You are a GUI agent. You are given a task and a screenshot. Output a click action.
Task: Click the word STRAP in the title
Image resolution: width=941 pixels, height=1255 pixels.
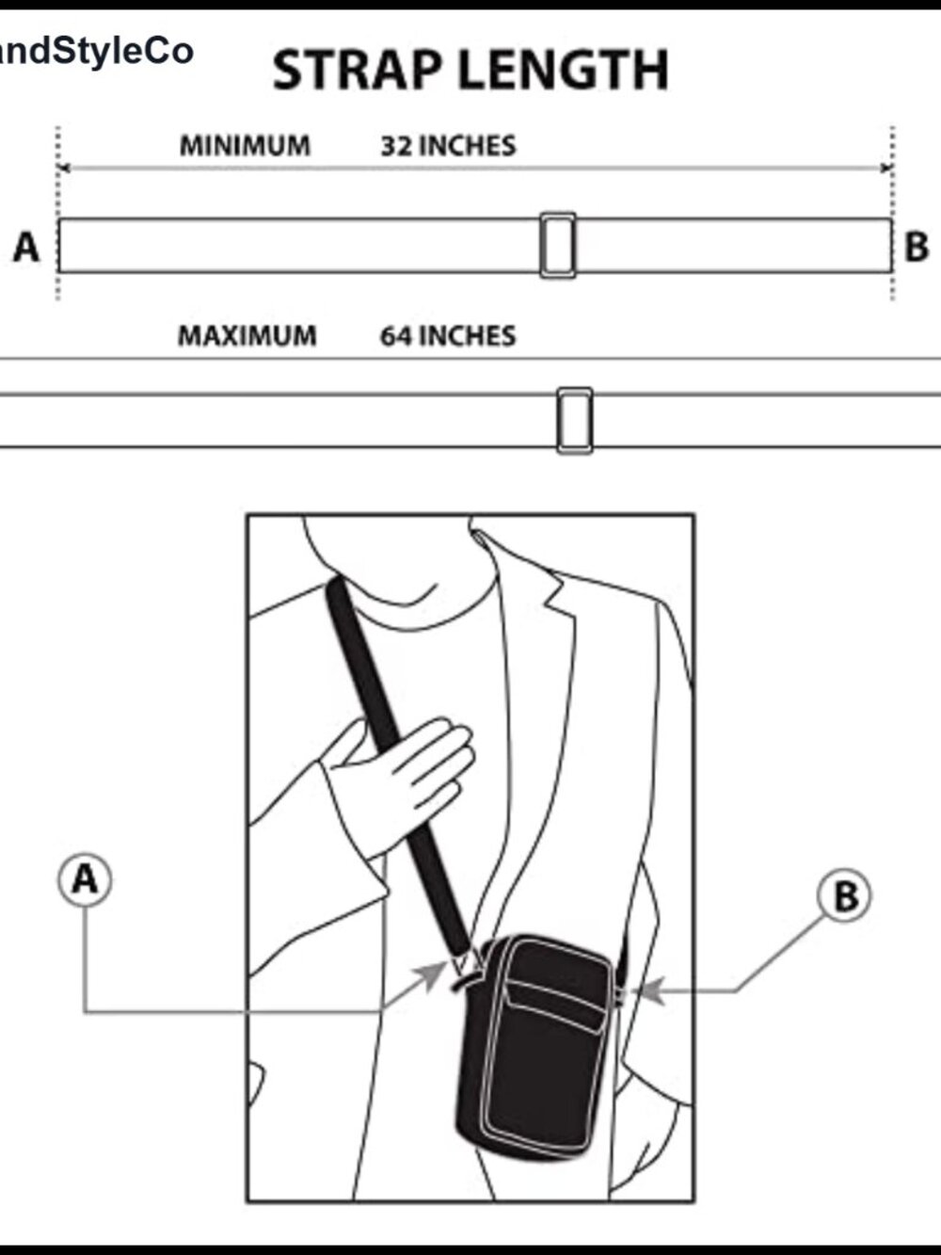pyautogui.click(x=357, y=70)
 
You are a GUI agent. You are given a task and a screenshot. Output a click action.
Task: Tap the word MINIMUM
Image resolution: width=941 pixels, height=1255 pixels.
pyautogui.click(x=245, y=145)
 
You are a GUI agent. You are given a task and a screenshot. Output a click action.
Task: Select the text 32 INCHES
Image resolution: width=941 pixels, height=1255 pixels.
pyautogui.click(x=449, y=146)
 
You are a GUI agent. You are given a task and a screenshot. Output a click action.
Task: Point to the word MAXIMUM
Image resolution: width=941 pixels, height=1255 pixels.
pyautogui.click(x=247, y=335)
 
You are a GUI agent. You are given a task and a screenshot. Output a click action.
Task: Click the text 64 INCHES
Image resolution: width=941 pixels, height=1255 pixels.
pyautogui.click(x=448, y=335)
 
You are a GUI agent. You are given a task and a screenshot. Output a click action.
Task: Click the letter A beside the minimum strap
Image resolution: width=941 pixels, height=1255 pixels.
pyautogui.click(x=26, y=247)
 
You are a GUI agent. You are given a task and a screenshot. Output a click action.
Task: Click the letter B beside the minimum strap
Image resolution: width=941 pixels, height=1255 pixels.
pyautogui.click(x=917, y=247)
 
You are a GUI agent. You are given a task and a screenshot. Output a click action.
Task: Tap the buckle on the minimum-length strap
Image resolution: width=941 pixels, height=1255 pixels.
pyautogui.click(x=558, y=246)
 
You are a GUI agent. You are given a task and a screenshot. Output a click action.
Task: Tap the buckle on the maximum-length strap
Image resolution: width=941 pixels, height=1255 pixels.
pyautogui.click(x=575, y=421)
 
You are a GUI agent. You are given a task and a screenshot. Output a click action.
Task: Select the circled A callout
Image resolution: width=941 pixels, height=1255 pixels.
pyautogui.click(x=85, y=880)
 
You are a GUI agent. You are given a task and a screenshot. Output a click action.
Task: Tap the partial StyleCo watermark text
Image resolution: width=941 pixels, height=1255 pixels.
pyautogui.click(x=96, y=52)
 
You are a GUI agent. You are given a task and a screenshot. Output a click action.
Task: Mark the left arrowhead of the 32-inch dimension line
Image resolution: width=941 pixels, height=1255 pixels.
pyautogui.click(x=64, y=169)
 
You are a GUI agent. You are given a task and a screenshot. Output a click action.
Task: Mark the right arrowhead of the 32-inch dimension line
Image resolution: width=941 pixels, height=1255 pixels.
pyautogui.click(x=886, y=169)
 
